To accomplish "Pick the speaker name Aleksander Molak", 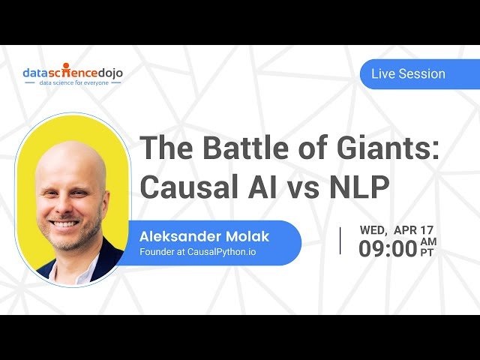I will [x=204, y=236].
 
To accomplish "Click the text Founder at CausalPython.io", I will [x=197, y=252].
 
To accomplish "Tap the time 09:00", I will [x=388, y=249].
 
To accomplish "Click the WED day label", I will [x=373, y=229].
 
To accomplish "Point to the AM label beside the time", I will [x=428, y=241].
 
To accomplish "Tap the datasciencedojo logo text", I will [x=73, y=73].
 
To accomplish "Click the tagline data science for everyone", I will [x=73, y=82].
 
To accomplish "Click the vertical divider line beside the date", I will [x=340, y=241].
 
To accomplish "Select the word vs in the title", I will [x=303, y=189].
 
